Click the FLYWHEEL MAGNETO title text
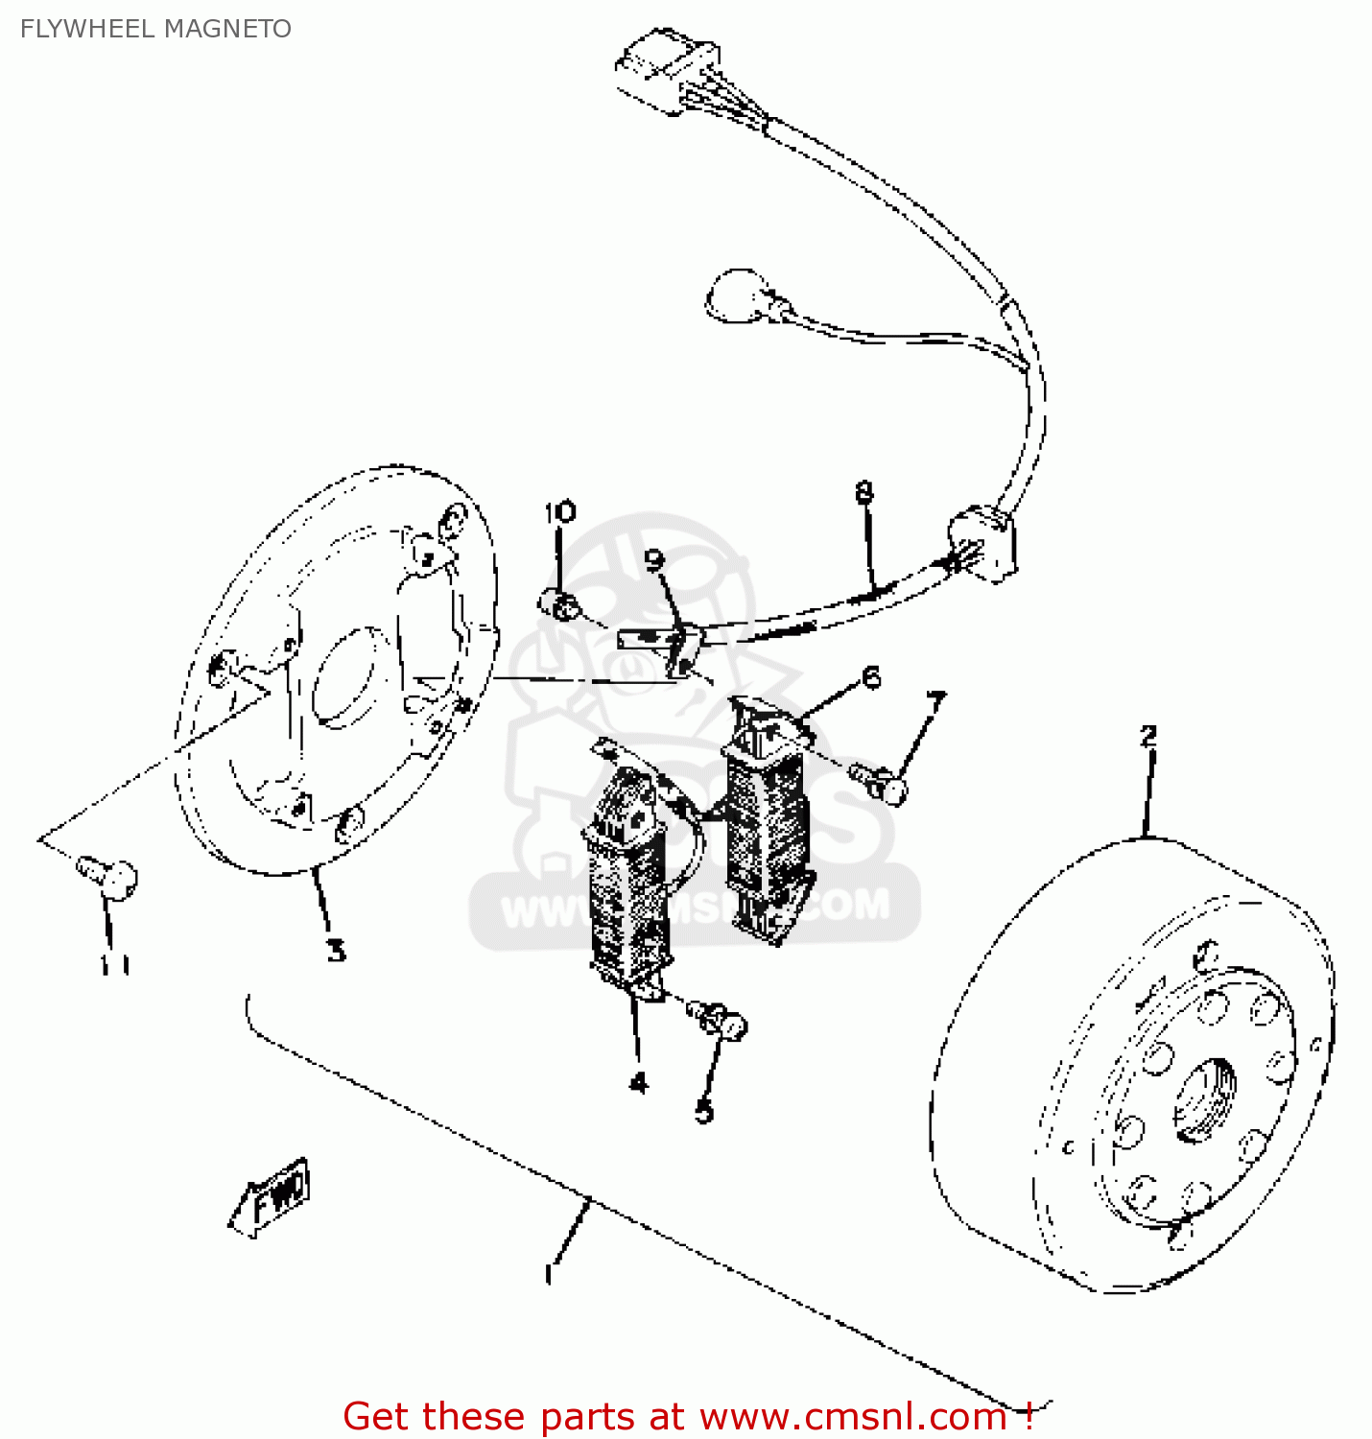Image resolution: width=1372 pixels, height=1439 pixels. pos(155,29)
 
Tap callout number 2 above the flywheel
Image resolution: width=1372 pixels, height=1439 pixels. pos(1148,736)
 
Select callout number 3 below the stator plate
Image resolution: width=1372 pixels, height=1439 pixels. pos(335,950)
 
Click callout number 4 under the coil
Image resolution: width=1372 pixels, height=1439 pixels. pos(638,1082)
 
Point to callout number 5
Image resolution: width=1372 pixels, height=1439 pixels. pos(704,1111)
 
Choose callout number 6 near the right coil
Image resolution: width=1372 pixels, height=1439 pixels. pos(870,677)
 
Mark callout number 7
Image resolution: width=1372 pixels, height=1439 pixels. pos(935,702)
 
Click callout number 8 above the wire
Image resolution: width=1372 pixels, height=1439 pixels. pos(864,493)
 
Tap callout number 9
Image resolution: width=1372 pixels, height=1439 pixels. pos(654,559)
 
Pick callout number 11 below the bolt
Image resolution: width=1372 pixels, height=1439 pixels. pos(115,964)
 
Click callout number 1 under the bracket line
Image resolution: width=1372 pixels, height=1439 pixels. pos(549,1274)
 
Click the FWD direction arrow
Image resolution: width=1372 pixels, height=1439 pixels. pos(273,1196)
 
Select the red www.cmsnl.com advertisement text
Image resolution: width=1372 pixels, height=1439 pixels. pos(689,1416)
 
